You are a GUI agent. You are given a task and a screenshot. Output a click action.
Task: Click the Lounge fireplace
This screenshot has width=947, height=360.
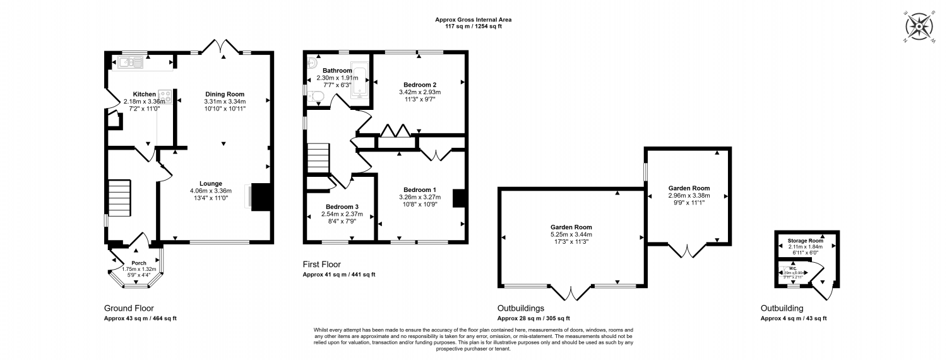[259, 196]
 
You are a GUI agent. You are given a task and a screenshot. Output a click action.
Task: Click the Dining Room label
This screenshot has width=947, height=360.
[224, 94]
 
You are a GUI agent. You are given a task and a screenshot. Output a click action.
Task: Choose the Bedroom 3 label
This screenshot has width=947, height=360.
[342, 207]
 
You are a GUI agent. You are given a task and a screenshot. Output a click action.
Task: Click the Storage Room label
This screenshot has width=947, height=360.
[805, 241]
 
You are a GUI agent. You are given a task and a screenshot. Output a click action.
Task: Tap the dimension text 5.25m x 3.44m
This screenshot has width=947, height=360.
[571, 234]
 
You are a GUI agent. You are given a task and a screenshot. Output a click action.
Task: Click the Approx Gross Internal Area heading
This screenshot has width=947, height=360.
[473, 20]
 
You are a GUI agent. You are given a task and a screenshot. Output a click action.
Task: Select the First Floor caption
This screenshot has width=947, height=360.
[322, 265]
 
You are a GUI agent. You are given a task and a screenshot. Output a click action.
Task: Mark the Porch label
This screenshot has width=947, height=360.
[138, 263]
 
